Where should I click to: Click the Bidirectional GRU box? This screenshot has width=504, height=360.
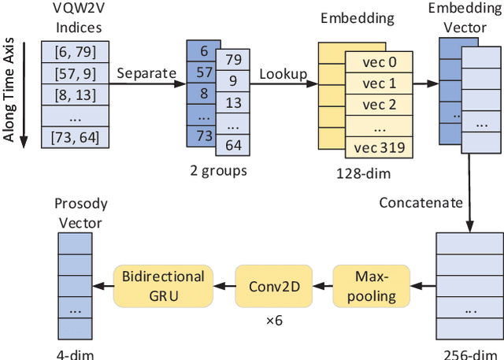[163, 286]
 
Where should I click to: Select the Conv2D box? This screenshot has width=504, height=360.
[273, 286]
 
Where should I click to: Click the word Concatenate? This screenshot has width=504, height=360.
[421, 202]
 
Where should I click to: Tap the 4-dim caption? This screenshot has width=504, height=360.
[75, 354]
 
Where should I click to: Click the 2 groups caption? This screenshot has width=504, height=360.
[218, 171]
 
